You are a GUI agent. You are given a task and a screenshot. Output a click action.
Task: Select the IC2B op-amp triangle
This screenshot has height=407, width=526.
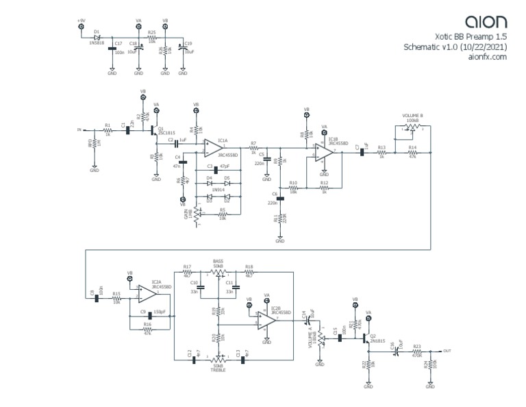[x=267, y=321]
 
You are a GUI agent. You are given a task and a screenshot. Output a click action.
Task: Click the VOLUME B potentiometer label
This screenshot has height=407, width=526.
[x=412, y=116]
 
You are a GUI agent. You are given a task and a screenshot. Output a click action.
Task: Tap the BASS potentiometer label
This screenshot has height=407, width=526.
[x=218, y=261]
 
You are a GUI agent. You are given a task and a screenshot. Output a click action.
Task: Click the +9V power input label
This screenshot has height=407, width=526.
[x=82, y=21]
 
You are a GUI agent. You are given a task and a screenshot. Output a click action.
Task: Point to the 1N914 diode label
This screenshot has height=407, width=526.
[x=218, y=188]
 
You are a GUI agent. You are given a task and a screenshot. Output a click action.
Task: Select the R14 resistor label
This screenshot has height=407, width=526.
[x=412, y=148]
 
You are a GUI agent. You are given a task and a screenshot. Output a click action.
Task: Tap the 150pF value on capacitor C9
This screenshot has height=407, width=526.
[x=160, y=312]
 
